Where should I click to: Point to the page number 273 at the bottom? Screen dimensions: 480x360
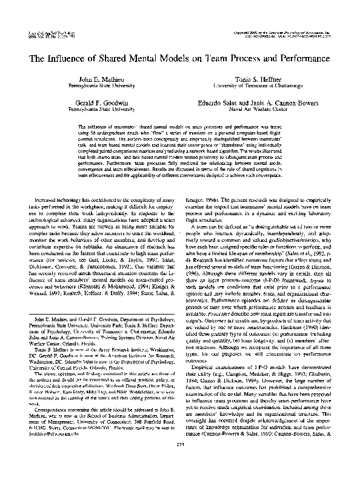180,462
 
